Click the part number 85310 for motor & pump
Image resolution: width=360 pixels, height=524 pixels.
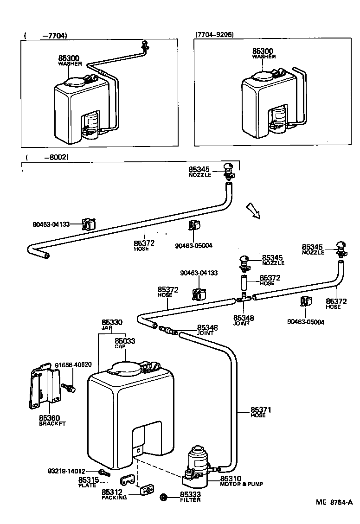[x=231, y=479]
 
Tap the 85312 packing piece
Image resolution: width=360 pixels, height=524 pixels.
[x=147, y=490]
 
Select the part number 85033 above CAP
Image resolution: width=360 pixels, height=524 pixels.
[x=125, y=341]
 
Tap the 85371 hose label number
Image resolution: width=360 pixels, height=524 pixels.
[x=261, y=410]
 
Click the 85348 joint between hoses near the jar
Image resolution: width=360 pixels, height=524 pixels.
[x=167, y=331]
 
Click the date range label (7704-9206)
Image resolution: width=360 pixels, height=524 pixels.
[x=214, y=34]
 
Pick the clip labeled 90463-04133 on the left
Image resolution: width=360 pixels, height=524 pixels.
[x=88, y=224]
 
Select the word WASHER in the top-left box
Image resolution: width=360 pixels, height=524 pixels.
[x=70, y=64]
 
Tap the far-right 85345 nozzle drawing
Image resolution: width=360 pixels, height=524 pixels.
[x=341, y=249]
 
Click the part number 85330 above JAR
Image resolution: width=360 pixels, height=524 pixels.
[x=111, y=322]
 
